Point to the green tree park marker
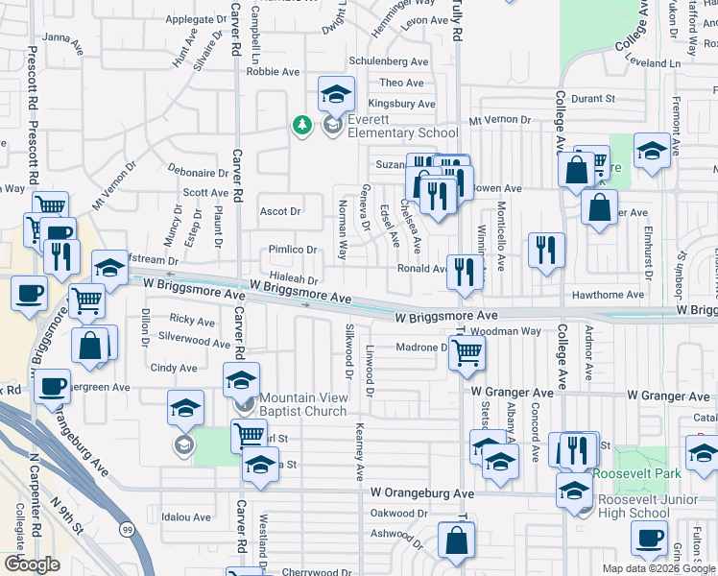(x=302, y=125)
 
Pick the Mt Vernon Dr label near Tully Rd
(x=499, y=120)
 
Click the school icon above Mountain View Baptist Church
(x=241, y=380)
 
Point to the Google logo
(x=33, y=564)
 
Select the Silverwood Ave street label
(x=194, y=340)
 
